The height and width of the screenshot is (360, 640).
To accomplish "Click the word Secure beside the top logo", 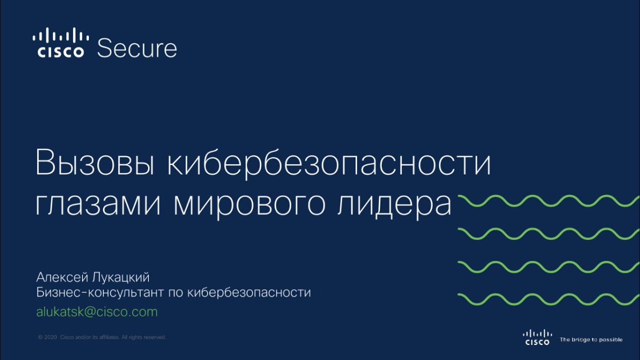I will (137, 48).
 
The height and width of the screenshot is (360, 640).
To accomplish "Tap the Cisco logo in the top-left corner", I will (60, 43).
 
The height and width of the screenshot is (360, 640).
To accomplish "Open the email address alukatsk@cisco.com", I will (97, 312).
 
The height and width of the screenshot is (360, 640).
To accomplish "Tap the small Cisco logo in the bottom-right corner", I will (537, 337).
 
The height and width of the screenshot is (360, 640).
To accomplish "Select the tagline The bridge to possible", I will (591, 340).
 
